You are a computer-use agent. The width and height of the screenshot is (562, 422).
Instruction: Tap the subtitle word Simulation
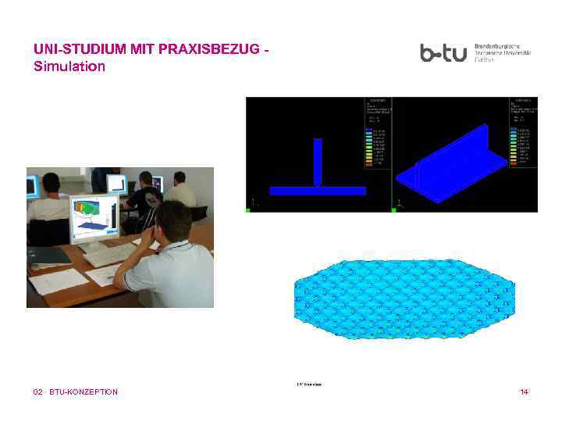coord(69,66)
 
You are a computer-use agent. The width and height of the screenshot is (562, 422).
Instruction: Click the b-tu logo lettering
coord(443,53)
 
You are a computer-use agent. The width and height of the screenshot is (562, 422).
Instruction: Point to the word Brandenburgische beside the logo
coord(502,46)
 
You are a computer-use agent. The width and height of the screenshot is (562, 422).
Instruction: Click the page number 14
coord(524,392)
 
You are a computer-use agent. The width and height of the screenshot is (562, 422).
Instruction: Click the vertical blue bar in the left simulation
coord(318,163)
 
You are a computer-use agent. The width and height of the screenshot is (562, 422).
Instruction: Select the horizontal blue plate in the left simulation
coord(318,191)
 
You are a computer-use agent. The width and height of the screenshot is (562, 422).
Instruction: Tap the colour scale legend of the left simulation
coord(376,145)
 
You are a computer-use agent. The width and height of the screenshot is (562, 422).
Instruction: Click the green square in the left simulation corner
coord(248,209)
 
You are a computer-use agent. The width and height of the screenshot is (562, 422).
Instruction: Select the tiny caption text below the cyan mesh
coord(309,384)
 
